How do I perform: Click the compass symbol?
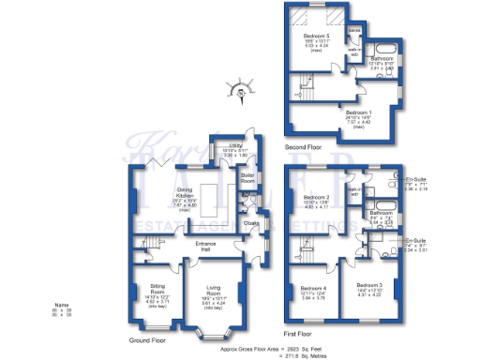[242, 93]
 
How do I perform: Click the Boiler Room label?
[247, 177]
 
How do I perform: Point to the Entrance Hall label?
[206, 245]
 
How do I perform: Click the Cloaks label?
[251, 223]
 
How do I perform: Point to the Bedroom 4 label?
[312, 289]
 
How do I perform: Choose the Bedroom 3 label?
[369, 284]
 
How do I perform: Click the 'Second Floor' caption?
[303, 147]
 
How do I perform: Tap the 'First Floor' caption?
[296, 333]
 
